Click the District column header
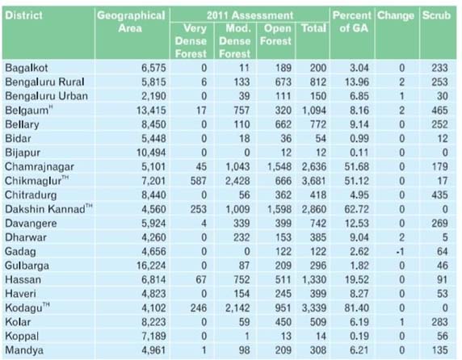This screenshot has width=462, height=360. (x=24, y=15)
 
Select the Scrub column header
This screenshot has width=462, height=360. (x=436, y=15)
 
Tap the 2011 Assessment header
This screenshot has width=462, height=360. (x=250, y=15)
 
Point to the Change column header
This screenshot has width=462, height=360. (x=396, y=15)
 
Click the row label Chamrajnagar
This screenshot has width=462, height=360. (x=40, y=167)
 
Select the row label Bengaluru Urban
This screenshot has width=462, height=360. (x=46, y=96)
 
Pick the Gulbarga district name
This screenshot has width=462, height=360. (x=27, y=266)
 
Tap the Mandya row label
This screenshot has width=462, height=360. (x=24, y=350)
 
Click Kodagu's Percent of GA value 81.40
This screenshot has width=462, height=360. (x=357, y=308)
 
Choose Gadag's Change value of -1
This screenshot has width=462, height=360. (x=400, y=252)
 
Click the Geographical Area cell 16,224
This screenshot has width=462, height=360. (x=151, y=266)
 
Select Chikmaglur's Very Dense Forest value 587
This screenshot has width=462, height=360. (x=199, y=181)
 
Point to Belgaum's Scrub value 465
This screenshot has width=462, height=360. (x=439, y=111)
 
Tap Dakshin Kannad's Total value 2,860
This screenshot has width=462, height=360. (x=314, y=209)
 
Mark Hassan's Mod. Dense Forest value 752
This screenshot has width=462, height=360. (x=241, y=280)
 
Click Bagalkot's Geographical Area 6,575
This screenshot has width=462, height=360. (x=153, y=68)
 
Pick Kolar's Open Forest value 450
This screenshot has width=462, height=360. (x=283, y=322)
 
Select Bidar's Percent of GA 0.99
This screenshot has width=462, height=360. (x=359, y=139)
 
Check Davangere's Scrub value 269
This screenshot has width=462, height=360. (x=439, y=224)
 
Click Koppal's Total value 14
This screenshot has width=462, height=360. (x=321, y=337)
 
